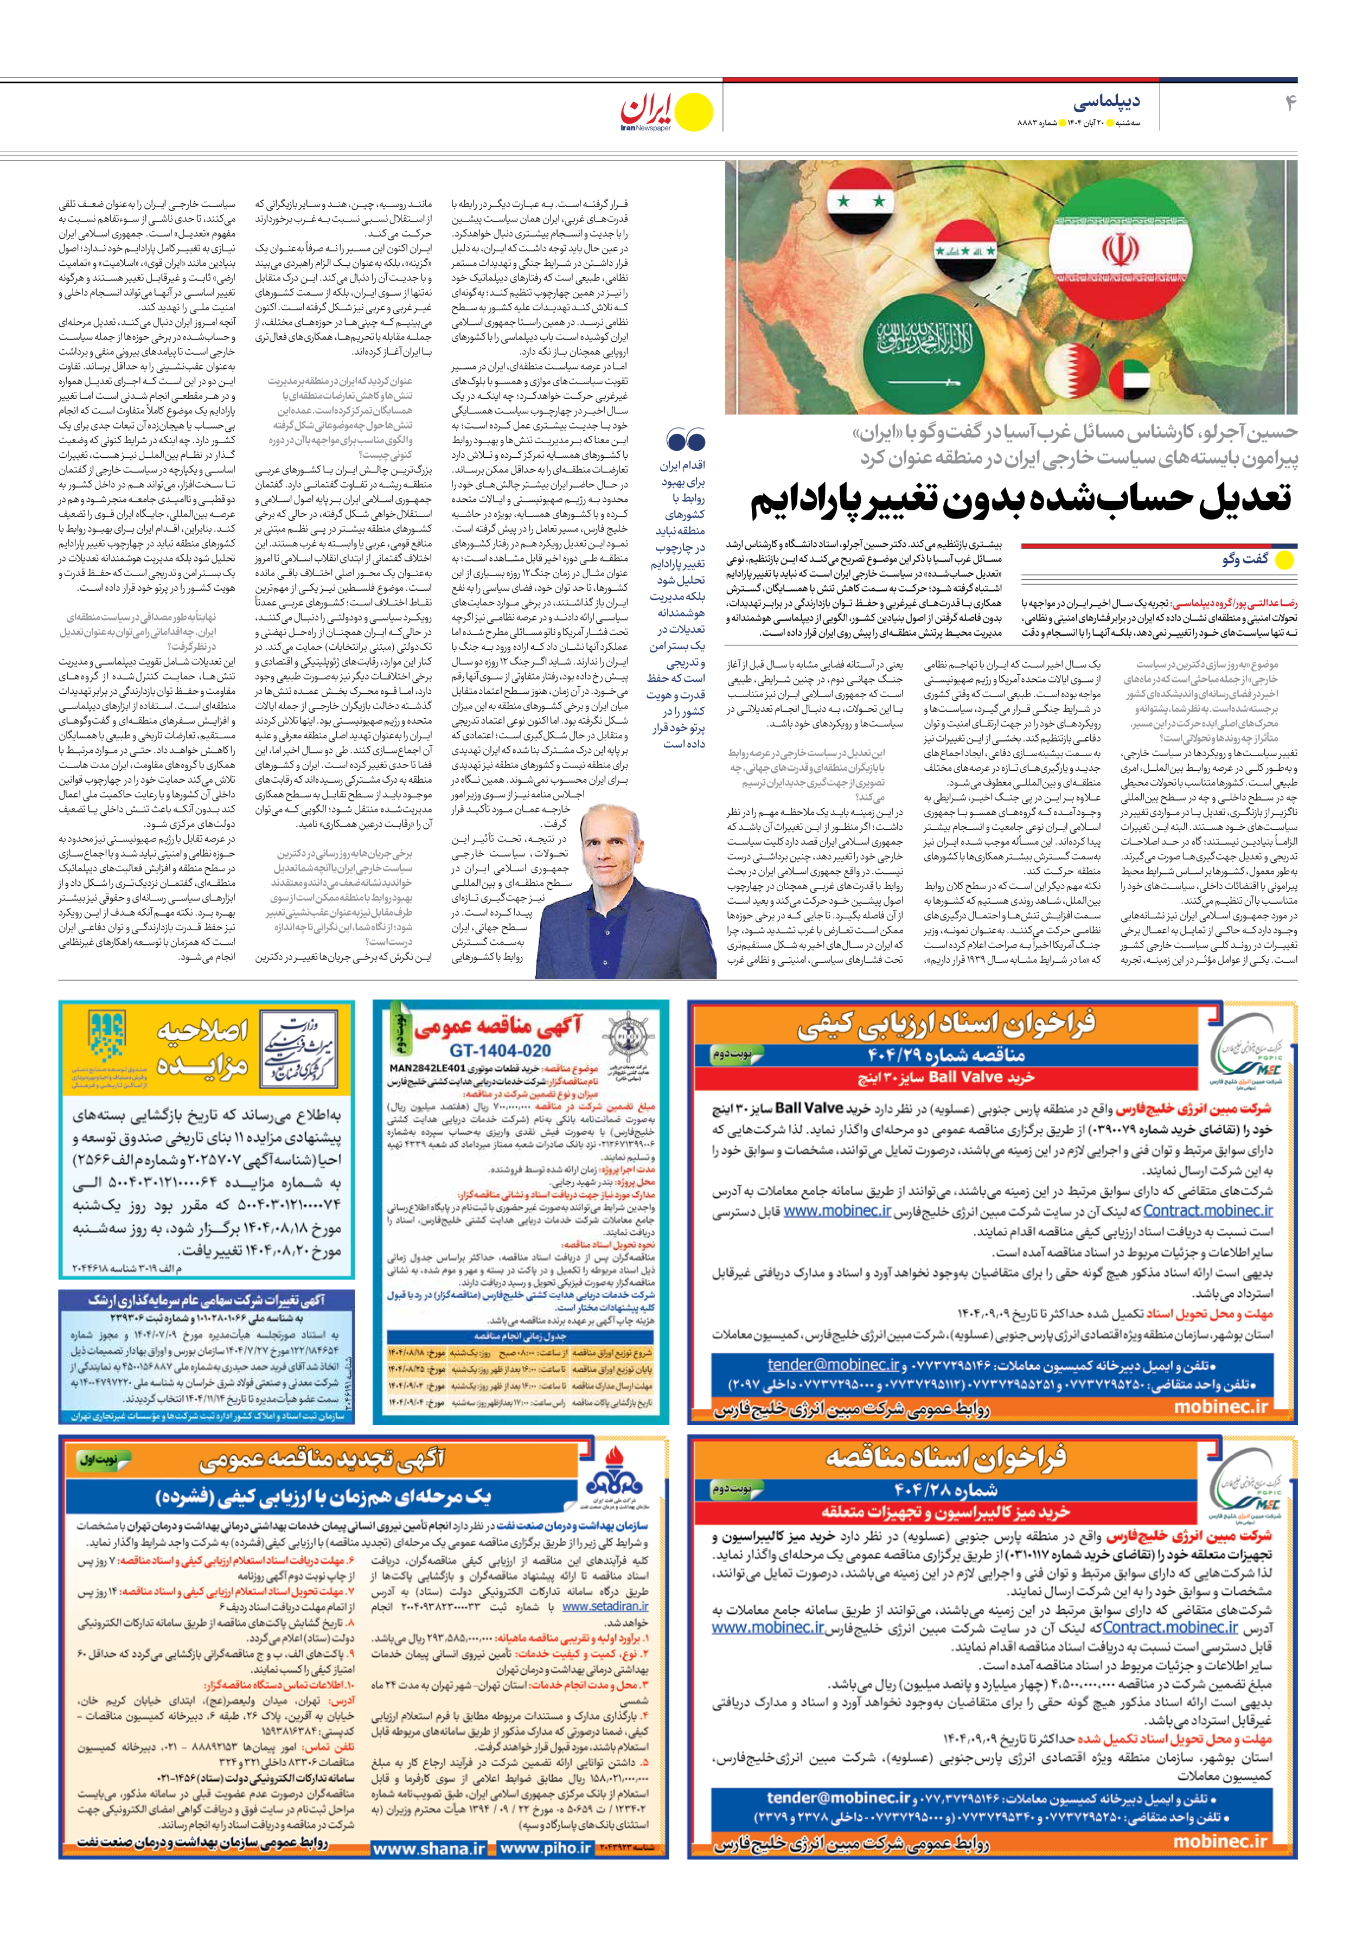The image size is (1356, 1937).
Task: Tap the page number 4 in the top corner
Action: click(1289, 103)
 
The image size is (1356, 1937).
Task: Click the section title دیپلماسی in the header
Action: click(1106, 102)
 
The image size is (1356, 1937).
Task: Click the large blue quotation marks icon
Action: click(685, 439)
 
